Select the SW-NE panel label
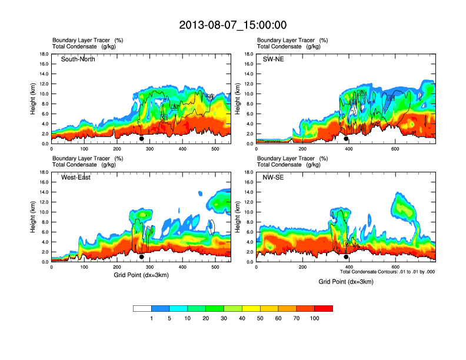point(273,59)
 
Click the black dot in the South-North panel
point(142,139)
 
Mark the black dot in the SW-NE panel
point(346,139)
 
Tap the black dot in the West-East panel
point(142,257)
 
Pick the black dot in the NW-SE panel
point(346,257)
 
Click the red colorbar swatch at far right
point(324,308)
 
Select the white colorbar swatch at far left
point(142,308)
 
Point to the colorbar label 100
point(315,318)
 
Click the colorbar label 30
point(224,318)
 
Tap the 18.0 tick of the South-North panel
point(44,54)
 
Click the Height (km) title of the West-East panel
point(33,217)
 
